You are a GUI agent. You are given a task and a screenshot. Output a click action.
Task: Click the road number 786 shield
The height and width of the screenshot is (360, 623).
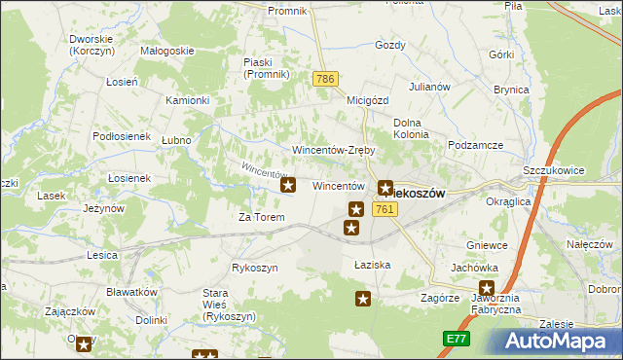coord(325,77)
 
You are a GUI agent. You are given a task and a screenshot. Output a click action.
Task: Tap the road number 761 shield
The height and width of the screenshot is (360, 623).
coord(384,209)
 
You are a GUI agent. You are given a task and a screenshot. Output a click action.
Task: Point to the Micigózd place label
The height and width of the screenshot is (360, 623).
coord(367,99)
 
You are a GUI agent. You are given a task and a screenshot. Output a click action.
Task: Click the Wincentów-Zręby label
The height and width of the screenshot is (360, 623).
coord(334,151)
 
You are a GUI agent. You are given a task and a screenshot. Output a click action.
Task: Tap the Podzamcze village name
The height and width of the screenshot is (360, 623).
coord(475,145)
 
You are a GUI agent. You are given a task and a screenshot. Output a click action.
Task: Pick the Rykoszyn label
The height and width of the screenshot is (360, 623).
coord(255,268)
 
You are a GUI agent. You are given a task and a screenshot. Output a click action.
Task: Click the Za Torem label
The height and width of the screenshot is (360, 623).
coord(262,217)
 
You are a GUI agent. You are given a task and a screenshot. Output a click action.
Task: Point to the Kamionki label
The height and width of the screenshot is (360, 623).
coord(188,100)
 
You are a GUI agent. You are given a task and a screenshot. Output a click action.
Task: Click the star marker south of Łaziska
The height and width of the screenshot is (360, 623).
coord(363,299)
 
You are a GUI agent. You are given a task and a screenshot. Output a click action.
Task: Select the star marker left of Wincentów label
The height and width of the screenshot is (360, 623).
coord(288,184)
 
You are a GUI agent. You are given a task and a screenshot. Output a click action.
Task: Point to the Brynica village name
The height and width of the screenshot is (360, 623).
coord(510,89)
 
